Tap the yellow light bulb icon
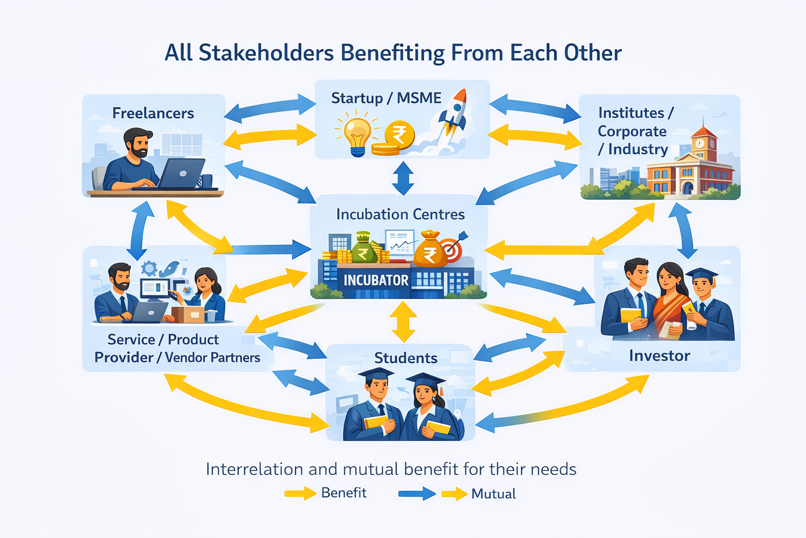coord(357,135)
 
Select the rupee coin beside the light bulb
coord(399,135)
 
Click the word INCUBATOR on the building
coord(376,281)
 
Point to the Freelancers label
coord(153,113)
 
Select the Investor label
coord(660,356)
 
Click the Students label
coord(406,358)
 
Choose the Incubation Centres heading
coord(400,214)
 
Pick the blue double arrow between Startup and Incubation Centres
coord(403,178)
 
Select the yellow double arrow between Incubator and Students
coord(403,322)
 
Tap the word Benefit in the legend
coord(344,493)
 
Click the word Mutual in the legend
coord(493,494)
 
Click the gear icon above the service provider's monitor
coord(150,268)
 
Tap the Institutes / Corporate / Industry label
coord(633,131)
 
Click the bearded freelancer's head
coord(138,143)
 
